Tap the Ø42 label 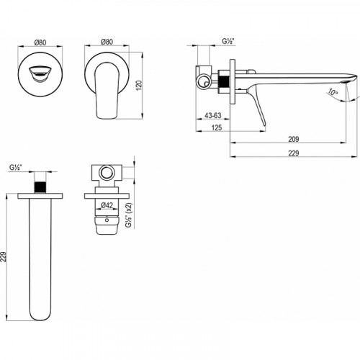[107, 206]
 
